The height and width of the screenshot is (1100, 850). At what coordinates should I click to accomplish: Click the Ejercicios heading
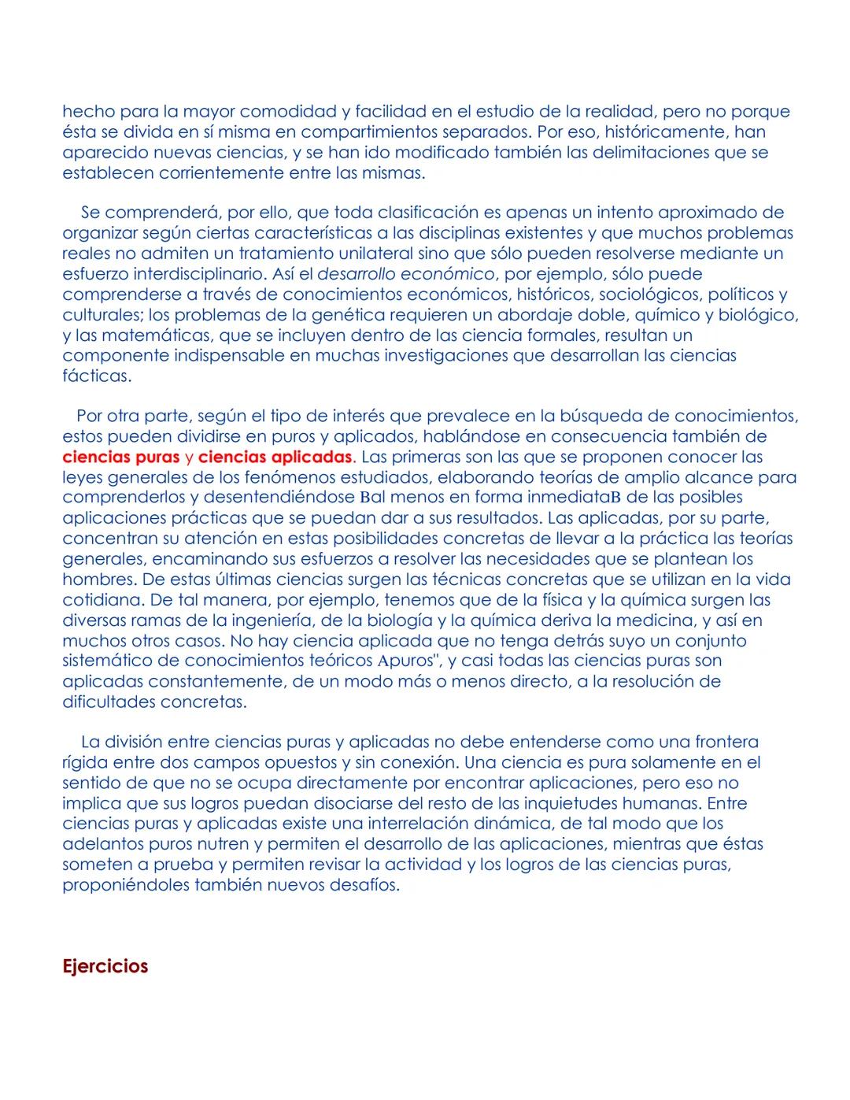pos(105,966)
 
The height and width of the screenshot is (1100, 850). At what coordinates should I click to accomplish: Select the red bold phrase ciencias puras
pos(121,457)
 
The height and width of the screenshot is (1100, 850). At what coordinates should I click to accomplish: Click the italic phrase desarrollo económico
pos(406,274)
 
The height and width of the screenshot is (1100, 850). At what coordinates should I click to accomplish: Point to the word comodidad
pos(289,111)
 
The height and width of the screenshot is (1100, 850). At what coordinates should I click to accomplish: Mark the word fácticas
pos(97,376)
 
